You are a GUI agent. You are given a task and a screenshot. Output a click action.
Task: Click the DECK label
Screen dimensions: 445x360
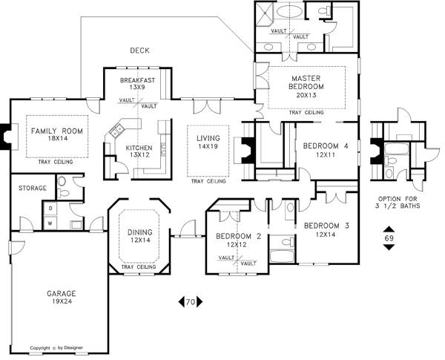(139, 50)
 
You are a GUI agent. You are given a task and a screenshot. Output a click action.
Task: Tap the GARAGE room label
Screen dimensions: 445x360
(62, 293)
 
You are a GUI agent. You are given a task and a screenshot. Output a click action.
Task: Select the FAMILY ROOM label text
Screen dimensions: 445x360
(57, 131)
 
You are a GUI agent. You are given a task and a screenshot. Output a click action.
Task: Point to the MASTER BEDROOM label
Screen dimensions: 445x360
(306, 82)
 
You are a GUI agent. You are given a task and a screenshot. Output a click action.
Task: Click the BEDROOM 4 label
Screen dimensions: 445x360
(326, 146)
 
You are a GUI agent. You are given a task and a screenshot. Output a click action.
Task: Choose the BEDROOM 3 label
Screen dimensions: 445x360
(326, 226)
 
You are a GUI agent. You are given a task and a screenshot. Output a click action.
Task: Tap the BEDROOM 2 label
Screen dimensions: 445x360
(238, 236)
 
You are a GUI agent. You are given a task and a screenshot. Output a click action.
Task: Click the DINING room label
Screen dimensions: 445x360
(140, 232)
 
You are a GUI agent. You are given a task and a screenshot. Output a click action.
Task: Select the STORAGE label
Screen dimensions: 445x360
(33, 188)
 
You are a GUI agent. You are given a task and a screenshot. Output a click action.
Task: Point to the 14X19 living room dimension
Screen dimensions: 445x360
(208, 146)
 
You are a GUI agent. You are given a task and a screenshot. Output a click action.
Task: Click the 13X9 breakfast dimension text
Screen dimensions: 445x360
(137, 88)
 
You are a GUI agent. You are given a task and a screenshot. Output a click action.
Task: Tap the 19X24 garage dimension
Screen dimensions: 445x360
(62, 301)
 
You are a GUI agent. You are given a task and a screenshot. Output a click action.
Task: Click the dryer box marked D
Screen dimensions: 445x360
(50, 209)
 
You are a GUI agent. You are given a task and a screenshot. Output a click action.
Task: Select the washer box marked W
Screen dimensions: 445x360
(50, 223)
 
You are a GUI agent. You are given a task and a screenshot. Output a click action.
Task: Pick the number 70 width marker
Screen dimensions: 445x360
(191, 302)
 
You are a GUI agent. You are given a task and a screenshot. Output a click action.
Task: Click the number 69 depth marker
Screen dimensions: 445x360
(389, 238)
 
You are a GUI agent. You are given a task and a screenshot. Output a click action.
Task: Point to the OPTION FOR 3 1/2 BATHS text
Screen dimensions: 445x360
(398, 203)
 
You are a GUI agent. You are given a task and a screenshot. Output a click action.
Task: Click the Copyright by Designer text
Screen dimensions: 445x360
(56, 348)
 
